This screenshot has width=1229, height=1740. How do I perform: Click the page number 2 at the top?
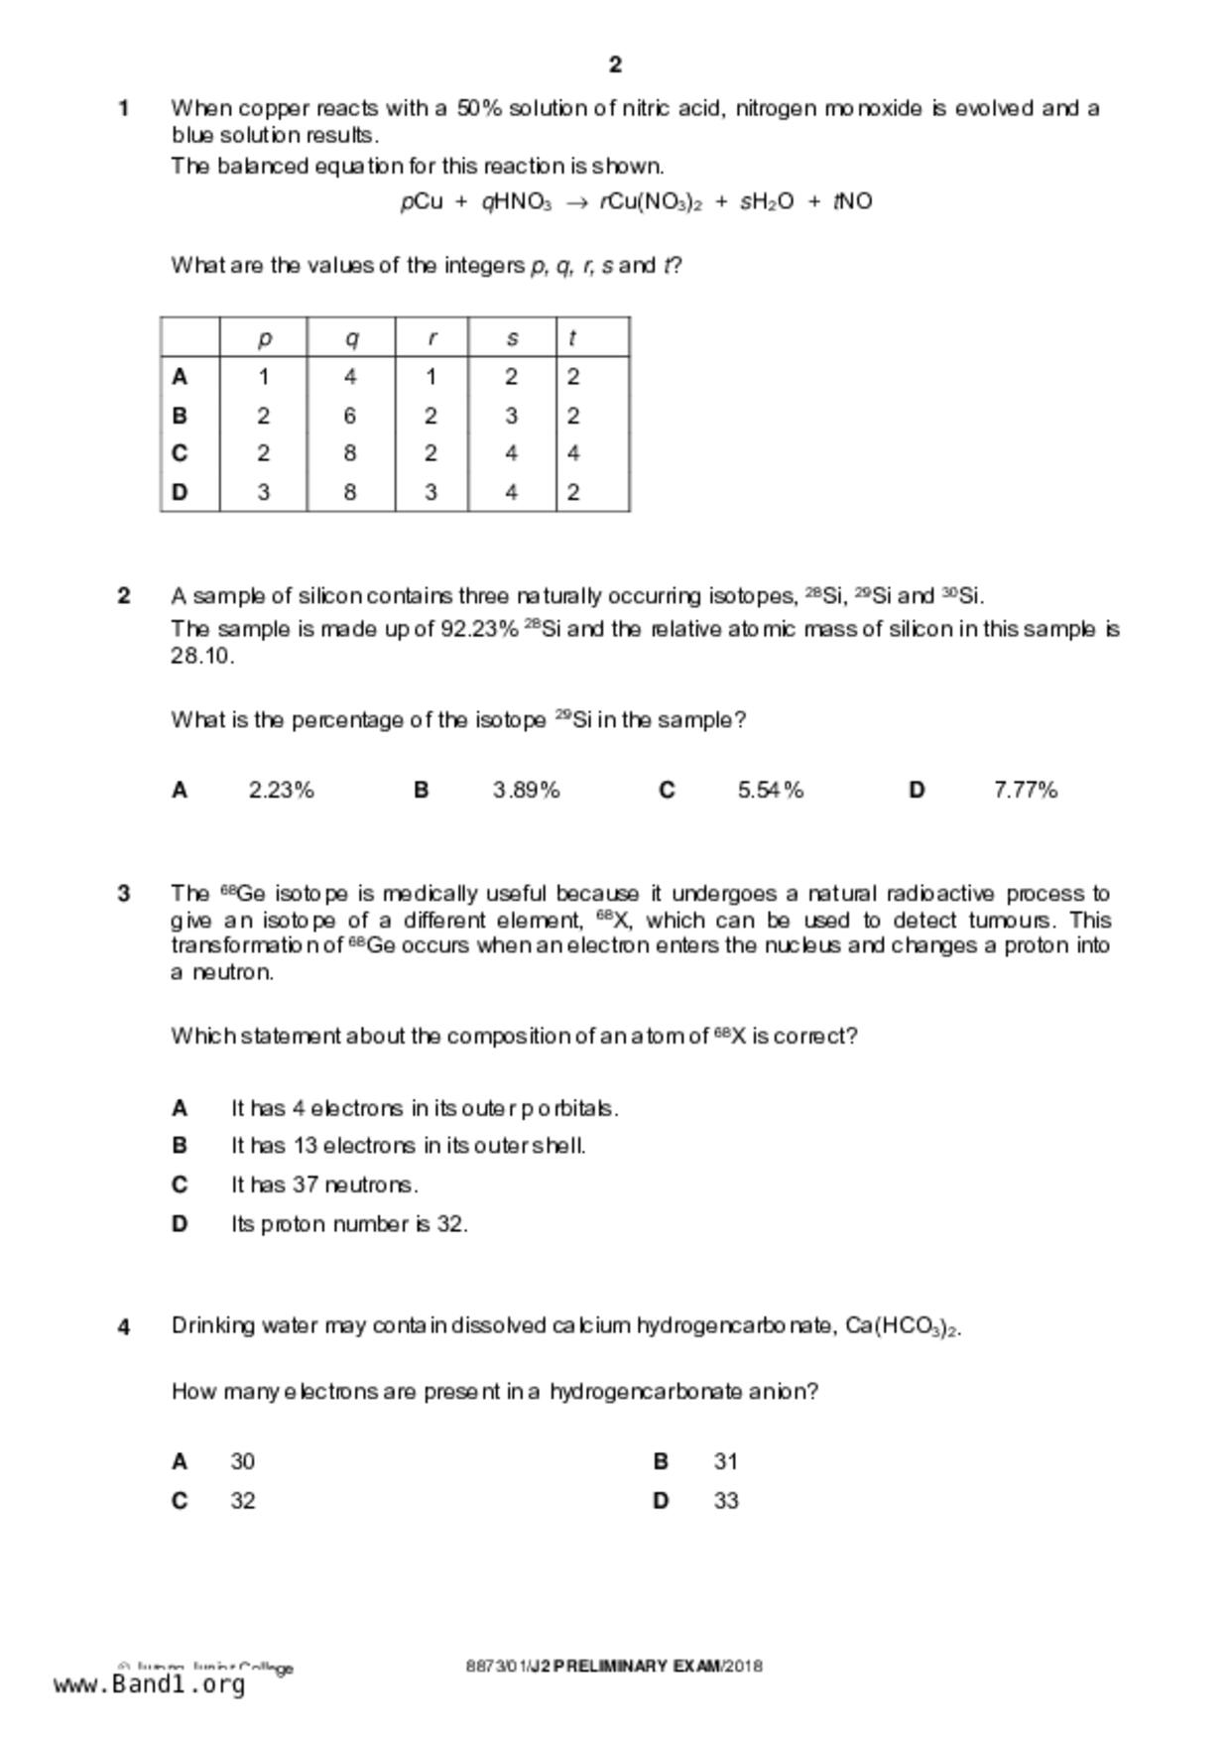coord(615,65)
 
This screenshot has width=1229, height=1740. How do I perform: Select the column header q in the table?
coord(351,338)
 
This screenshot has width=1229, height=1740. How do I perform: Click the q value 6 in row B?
coord(350,416)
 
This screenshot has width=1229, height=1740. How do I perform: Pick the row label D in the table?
coord(180,492)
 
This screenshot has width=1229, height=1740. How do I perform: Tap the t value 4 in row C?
coord(573,453)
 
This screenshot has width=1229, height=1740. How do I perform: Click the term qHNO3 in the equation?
coord(516,202)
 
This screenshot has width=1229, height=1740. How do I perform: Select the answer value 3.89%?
coord(526,791)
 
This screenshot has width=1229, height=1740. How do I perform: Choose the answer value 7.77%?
coord(1026,791)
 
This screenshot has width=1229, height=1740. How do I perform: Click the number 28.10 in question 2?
coord(201,656)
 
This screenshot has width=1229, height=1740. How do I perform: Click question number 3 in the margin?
coord(124,894)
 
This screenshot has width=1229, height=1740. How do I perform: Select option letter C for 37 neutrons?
coord(180,1184)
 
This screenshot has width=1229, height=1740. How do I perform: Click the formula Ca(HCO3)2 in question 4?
coord(903,1327)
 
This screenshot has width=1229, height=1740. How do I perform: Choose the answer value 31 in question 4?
coord(726,1461)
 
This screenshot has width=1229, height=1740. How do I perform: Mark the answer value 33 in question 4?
coord(726,1501)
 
